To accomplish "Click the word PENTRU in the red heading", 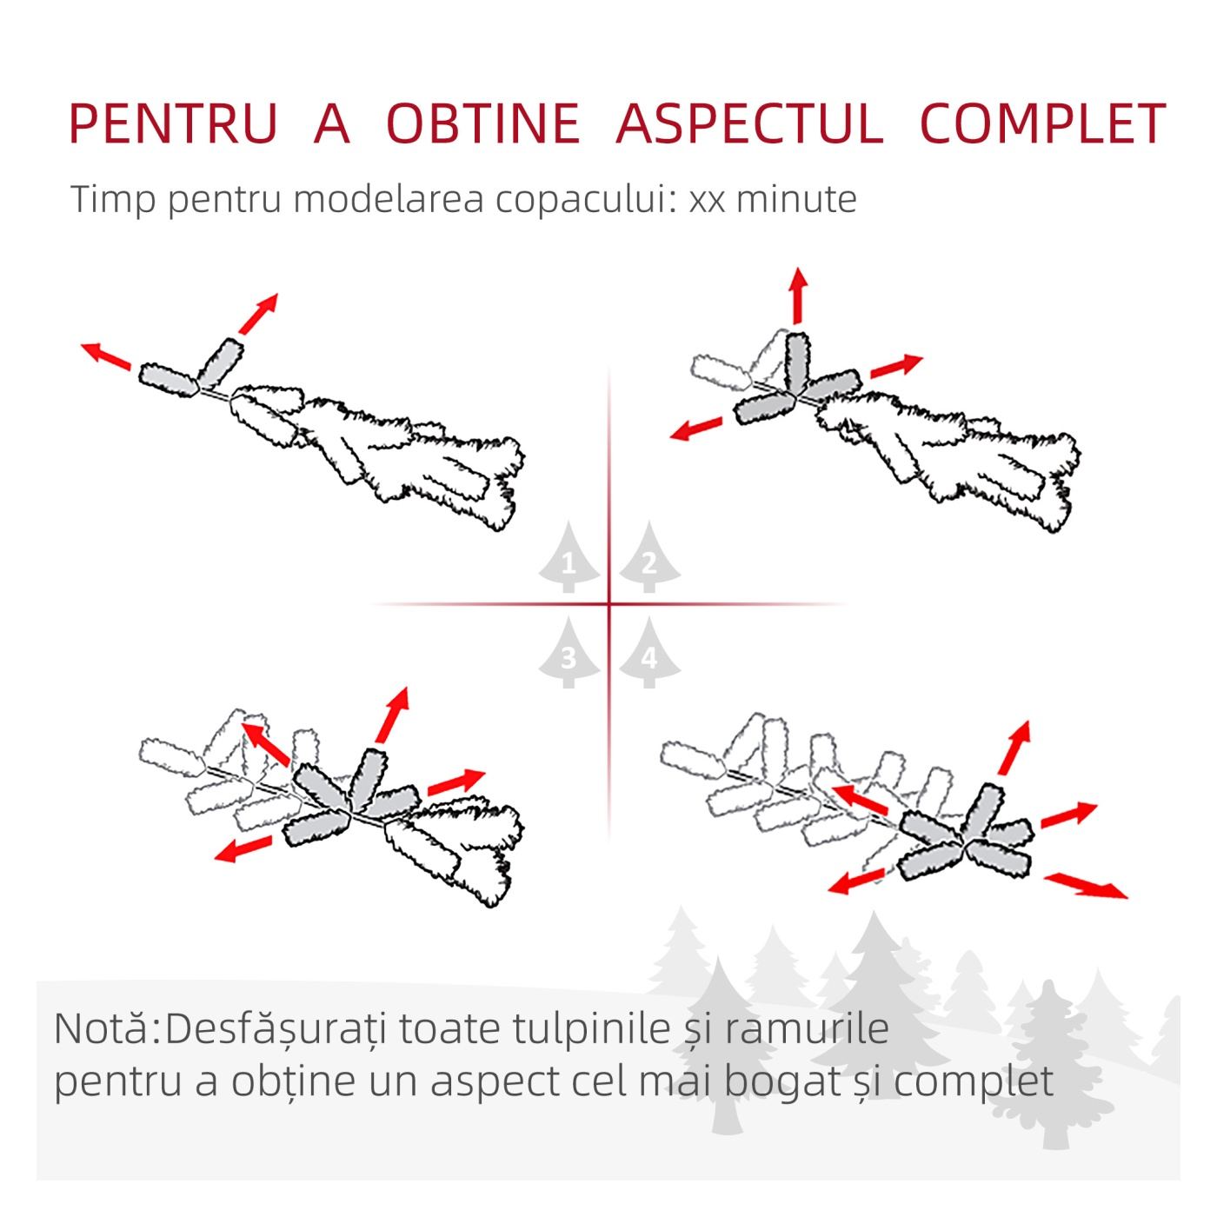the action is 173,123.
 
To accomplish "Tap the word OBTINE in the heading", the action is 483,123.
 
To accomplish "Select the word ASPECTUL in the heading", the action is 749,123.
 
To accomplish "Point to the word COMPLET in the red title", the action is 1042,123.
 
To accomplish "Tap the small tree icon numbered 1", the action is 569,556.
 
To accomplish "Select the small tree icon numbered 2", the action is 649,556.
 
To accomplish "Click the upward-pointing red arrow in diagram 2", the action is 800,295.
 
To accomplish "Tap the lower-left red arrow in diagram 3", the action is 243,848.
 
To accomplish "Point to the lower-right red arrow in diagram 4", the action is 1085,884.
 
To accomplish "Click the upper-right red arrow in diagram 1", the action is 258,313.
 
